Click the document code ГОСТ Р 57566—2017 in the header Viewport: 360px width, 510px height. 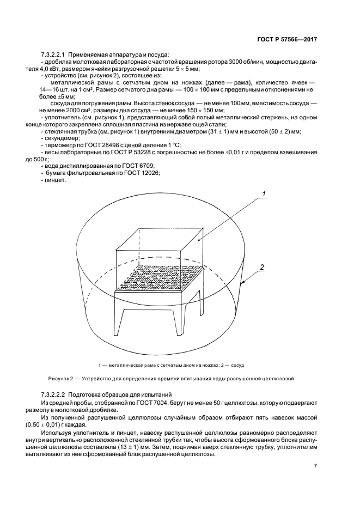(x=286, y=40)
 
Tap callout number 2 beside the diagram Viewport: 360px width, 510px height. (x=262, y=267)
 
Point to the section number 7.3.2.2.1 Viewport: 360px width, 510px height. (x=59, y=54)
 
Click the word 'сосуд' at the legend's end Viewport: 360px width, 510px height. (x=243, y=365)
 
